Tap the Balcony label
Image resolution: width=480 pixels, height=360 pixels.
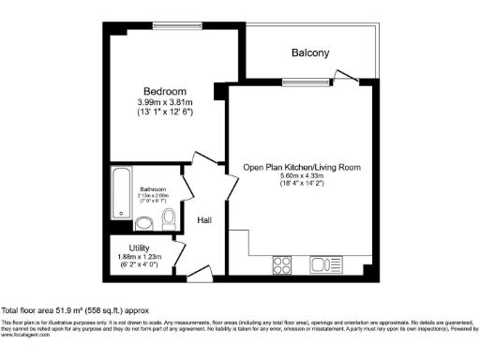point(311,53)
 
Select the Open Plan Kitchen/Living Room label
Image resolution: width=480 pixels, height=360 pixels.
point(302,168)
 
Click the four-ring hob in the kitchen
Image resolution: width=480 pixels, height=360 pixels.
point(282,262)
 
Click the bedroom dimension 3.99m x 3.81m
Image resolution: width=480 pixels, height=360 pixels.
point(163,101)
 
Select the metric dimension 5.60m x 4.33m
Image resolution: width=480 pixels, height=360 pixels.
point(302,177)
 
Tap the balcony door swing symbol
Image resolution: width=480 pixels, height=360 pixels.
point(346,75)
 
